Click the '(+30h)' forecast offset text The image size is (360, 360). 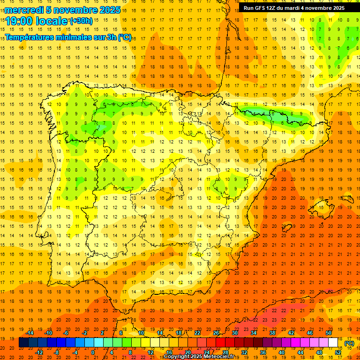coord(81,21)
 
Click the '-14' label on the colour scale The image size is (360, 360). coord(30,333)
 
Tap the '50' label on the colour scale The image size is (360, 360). coord(329,333)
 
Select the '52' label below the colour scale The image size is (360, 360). coord(338,352)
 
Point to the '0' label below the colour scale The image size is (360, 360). coord(93,352)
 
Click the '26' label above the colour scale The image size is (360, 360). coord(216,333)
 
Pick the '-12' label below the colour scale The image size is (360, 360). coord(39,352)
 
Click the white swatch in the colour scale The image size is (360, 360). coord(333,343)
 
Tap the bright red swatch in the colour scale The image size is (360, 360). coord(221,343)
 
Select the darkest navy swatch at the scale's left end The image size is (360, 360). coord(23,343)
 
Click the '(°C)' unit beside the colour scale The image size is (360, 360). coord(349,343)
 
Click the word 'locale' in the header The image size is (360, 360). coord(52,21)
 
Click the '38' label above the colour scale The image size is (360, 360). coord(272,333)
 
